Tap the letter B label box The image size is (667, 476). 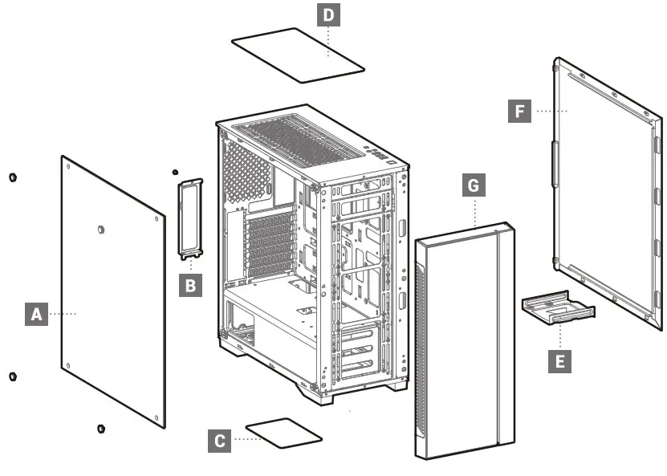point(189,284)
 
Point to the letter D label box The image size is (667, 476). point(328,15)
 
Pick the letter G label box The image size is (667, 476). point(474,185)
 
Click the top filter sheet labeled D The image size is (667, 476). point(296,55)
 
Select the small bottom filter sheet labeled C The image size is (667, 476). point(283,432)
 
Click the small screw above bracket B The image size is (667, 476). point(175,172)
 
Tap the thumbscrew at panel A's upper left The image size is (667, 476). point(13,177)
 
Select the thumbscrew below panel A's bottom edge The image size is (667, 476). point(100,428)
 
